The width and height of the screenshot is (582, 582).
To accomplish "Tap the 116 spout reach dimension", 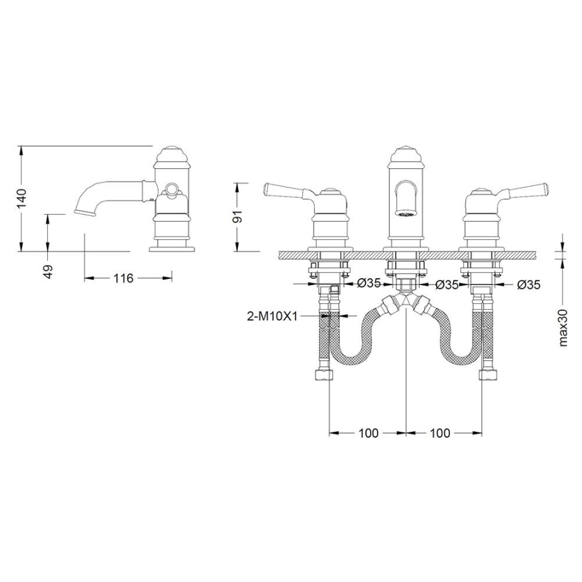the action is click(124, 277).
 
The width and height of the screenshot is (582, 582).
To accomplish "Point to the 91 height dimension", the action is click(237, 216).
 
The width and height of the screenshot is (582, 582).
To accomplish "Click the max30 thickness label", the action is click(563, 327).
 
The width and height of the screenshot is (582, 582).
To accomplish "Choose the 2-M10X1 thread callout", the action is click(272, 316).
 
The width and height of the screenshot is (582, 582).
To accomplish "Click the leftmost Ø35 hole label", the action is click(369, 284).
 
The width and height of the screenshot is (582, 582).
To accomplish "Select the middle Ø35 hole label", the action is click(447, 285).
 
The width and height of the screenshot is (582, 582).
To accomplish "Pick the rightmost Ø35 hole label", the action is click(528, 285).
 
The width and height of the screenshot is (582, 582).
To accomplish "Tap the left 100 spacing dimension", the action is click(369, 433).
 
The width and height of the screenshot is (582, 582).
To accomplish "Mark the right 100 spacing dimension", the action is click(440, 433).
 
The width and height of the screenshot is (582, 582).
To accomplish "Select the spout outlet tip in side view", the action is click(83, 211).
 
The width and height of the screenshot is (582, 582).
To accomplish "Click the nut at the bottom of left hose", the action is click(323, 374).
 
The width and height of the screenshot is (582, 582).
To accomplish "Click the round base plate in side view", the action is click(172, 248).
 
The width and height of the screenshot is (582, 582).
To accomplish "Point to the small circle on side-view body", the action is click(171, 189).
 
